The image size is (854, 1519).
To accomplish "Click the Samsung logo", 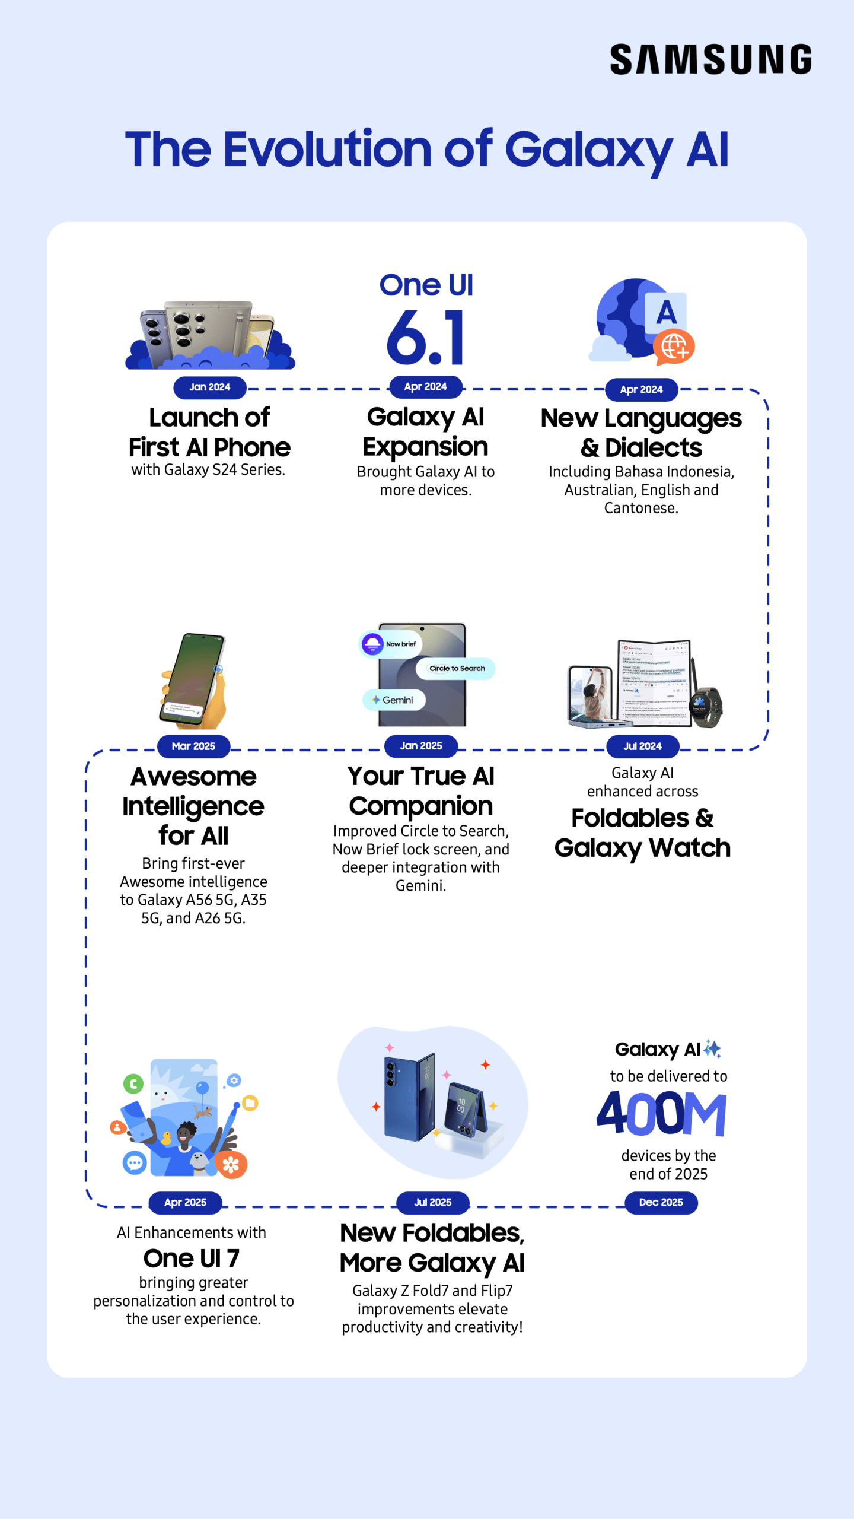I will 710,59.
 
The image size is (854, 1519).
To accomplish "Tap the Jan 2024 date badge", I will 209,387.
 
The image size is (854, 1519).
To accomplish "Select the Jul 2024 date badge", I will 642,746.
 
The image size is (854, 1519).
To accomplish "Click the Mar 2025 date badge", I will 193,746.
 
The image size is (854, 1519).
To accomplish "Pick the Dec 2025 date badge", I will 661,1202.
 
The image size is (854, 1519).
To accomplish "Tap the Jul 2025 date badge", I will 432,1202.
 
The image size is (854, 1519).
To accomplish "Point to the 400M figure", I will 661,1113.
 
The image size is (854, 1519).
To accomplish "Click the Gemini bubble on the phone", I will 394,700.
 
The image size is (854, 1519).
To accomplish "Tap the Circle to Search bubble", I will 456,669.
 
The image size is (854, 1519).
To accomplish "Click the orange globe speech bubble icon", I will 674,347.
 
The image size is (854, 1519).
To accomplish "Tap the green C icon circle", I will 133,1084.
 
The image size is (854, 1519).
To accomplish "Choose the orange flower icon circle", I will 231,1165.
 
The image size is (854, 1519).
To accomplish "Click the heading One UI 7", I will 191,1258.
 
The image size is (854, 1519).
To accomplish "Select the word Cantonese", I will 640,509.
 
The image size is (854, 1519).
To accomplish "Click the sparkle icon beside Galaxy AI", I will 712,1049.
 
